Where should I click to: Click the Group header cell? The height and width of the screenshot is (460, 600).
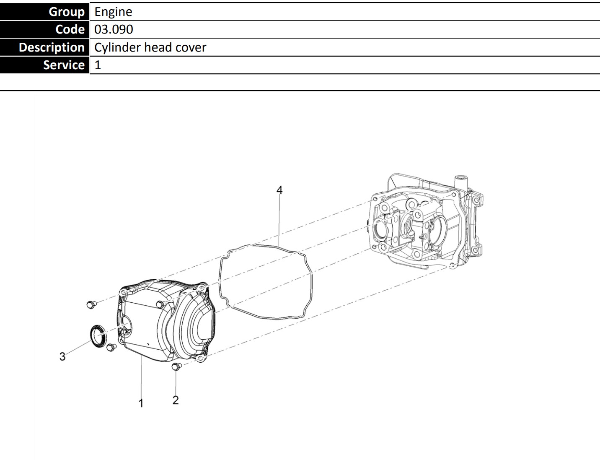tap(45, 12)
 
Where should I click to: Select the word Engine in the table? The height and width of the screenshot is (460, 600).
tap(113, 12)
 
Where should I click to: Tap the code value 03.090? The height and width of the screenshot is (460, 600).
tap(114, 29)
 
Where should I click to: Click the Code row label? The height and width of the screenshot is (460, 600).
tap(45, 29)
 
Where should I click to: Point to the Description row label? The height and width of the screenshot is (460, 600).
tap(45, 47)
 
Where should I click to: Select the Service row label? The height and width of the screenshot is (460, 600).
tap(45, 65)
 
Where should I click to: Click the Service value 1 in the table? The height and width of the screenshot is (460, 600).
tap(98, 65)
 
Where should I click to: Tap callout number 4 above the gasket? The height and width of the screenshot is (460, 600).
tap(279, 190)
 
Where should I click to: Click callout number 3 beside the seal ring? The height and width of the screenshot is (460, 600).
tap(63, 356)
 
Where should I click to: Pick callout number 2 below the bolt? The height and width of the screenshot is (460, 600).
tap(176, 400)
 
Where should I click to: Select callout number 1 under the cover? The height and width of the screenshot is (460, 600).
tap(141, 403)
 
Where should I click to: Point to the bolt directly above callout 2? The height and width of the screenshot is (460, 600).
tap(176, 366)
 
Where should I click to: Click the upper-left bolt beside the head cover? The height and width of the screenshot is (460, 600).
tap(91, 305)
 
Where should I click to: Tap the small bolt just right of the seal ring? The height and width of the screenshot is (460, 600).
tap(111, 347)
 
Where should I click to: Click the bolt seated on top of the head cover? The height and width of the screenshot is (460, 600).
tap(161, 304)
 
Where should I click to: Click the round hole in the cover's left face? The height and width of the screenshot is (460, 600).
tap(127, 324)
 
